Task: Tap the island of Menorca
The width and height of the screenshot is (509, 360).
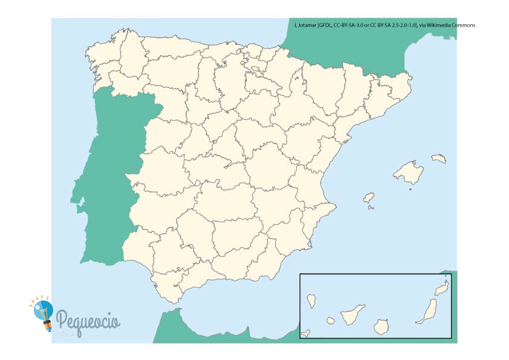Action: point(439,159)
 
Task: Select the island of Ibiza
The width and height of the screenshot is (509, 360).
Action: point(369,198)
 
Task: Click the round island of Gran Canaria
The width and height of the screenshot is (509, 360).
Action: point(381,328)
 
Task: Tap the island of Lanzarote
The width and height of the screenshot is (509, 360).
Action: point(442,289)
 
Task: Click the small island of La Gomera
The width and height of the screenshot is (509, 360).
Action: point(331,320)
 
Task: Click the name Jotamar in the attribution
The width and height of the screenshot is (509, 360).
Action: point(310,25)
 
